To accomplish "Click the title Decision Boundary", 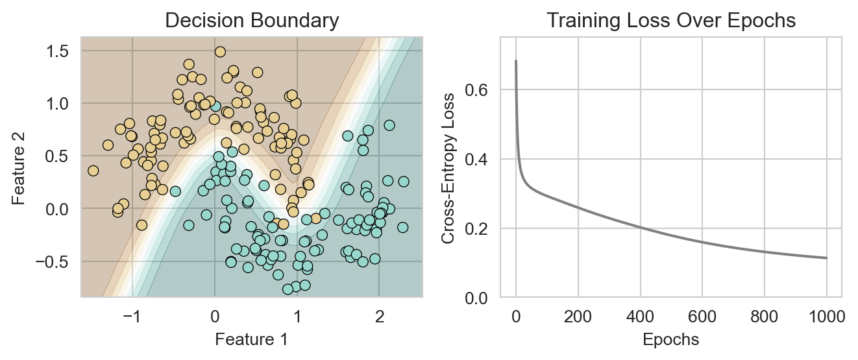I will tap(251, 21).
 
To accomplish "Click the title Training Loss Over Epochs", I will tap(670, 21).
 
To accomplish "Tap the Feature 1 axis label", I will tap(251, 339).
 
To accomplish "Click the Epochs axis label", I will tap(670, 339).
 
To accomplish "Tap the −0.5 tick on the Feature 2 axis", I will tap(57, 261).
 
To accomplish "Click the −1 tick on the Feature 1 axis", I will tap(132, 317).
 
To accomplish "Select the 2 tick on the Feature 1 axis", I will tap(380, 317).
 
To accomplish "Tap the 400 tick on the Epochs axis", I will tap(641, 317).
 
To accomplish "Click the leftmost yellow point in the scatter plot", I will tap(93, 171).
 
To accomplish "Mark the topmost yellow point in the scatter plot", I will tap(220, 51).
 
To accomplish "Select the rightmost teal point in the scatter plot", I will tap(404, 182).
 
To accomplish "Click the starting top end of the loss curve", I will tap(516, 61).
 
